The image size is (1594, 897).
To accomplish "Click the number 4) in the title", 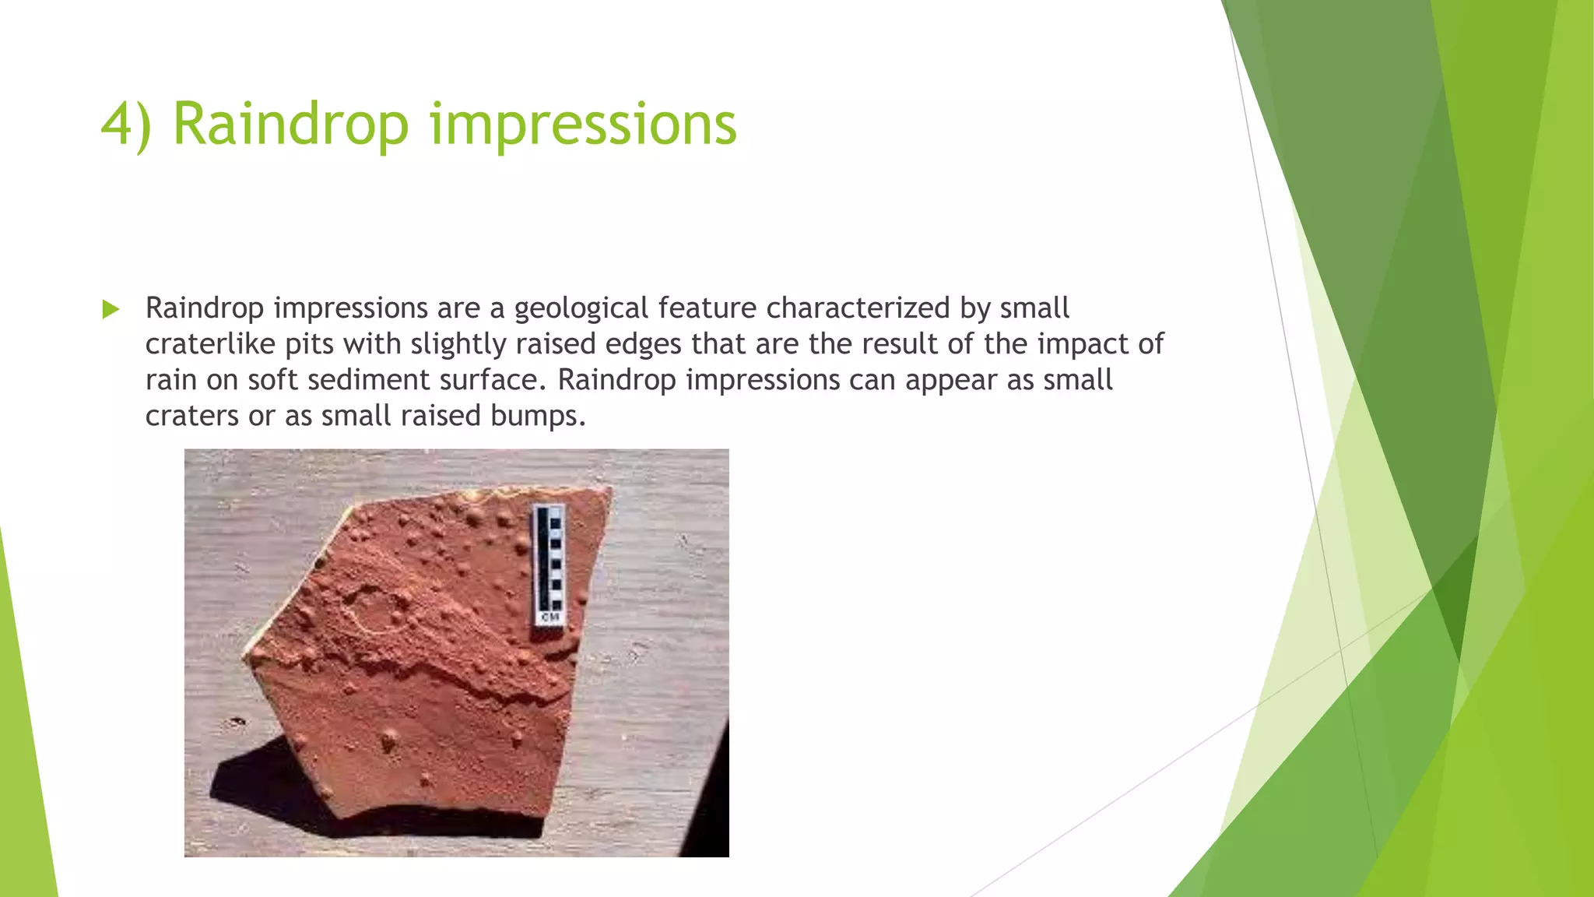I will [x=126, y=125].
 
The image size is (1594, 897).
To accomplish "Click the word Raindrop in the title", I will [x=290, y=125].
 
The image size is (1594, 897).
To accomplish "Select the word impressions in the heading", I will [x=583, y=125].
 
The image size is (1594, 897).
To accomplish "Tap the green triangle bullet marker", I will [x=111, y=309].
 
